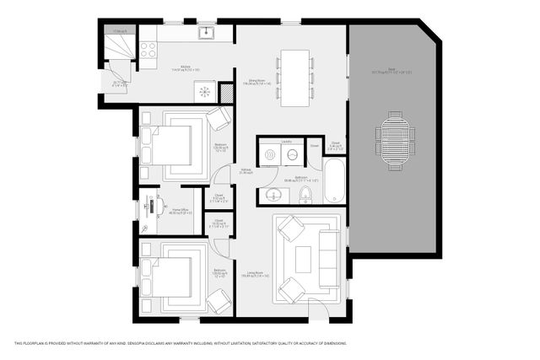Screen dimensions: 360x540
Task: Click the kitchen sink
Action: click(205, 33)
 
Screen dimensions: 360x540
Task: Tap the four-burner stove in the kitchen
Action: click(148, 50)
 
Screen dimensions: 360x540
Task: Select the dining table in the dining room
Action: click(295, 77)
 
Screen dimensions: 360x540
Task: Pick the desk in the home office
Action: click(151, 211)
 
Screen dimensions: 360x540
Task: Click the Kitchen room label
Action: click(185, 67)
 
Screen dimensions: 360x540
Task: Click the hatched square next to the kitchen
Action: click(226, 93)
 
